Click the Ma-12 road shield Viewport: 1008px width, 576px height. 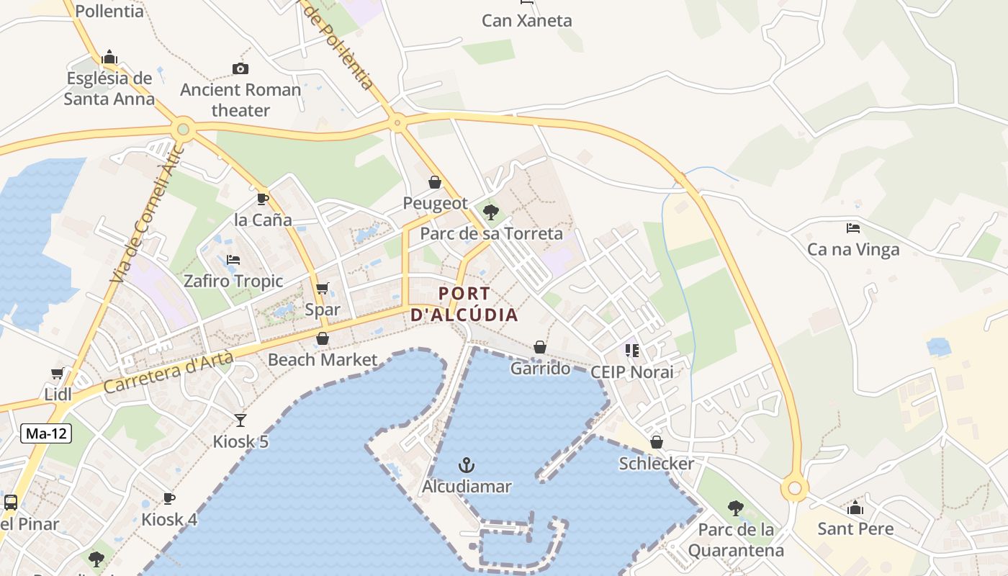(x=47, y=433)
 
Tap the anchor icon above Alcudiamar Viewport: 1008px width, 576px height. (x=467, y=464)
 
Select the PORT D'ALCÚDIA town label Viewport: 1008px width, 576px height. (x=464, y=304)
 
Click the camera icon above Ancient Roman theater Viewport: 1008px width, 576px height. (x=240, y=68)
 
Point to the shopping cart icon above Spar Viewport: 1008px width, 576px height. (x=322, y=288)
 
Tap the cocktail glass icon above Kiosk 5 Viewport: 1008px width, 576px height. (x=240, y=420)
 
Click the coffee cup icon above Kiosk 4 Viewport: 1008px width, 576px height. (x=169, y=498)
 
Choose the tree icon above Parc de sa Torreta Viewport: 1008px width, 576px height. (x=491, y=212)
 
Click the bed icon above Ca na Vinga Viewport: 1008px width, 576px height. (x=853, y=228)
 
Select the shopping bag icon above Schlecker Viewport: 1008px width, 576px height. (x=657, y=441)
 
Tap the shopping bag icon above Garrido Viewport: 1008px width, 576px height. (x=540, y=347)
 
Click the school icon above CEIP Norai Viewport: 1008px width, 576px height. (x=632, y=351)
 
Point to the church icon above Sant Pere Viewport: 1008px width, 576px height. (x=855, y=508)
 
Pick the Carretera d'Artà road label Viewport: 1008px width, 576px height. (x=168, y=372)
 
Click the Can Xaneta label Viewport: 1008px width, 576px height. (x=527, y=20)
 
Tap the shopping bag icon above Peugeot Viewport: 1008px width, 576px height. (x=435, y=182)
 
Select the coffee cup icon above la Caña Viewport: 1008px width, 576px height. (x=262, y=199)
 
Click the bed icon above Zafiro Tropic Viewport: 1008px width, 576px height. (x=233, y=259)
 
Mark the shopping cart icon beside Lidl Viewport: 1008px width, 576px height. (x=58, y=373)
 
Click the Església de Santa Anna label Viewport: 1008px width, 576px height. (x=109, y=89)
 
